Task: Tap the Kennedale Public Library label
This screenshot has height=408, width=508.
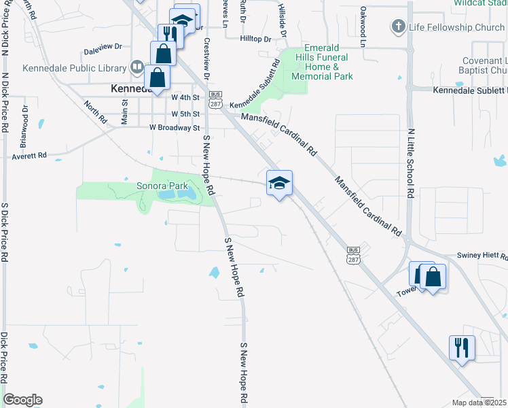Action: (x=75, y=68)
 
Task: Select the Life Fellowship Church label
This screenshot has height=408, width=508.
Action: (x=456, y=27)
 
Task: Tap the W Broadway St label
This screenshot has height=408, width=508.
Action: (x=175, y=127)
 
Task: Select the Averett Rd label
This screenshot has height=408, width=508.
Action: (x=29, y=156)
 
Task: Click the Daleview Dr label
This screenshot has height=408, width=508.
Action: (x=103, y=48)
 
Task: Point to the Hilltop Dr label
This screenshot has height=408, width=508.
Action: (x=255, y=39)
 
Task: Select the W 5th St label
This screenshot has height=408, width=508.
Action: (x=185, y=114)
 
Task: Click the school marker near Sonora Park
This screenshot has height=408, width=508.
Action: (x=279, y=183)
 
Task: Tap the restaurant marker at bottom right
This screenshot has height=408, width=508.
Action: (x=462, y=347)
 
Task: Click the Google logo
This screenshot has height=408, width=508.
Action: (x=22, y=400)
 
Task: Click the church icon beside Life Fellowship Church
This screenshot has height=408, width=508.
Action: (x=398, y=27)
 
